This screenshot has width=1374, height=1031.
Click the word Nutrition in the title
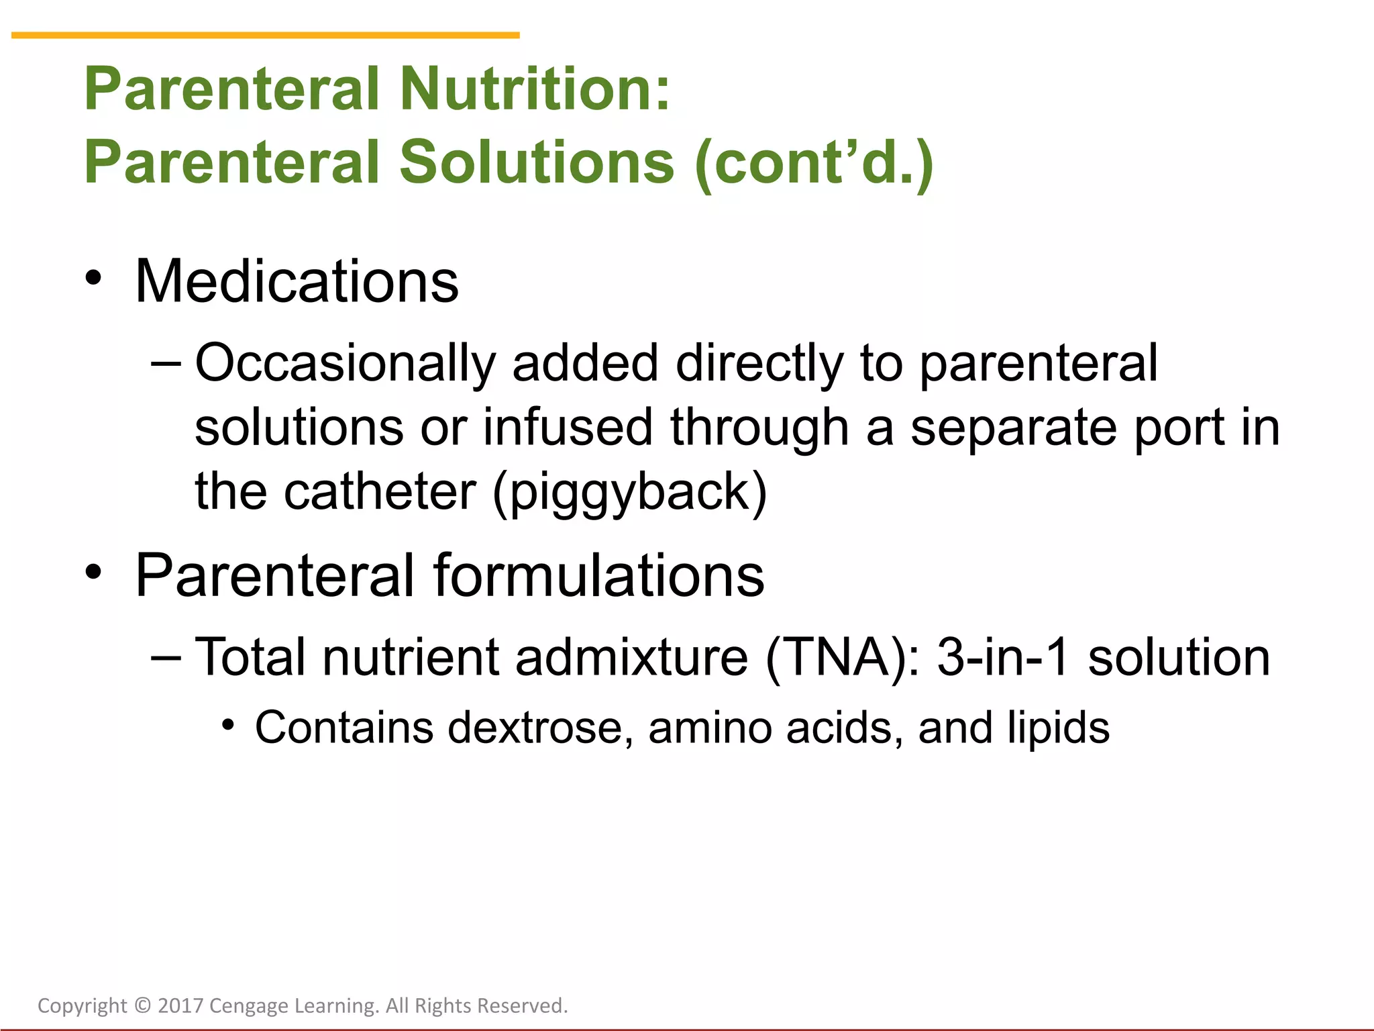pos(535,89)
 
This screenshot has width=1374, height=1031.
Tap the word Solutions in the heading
pos(537,162)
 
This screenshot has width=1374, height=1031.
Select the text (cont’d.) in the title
pos(814,162)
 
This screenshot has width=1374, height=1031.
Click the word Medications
pos(297,282)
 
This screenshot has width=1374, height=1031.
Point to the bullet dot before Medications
pos(93,278)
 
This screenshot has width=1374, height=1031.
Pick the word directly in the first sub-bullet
pos(759,364)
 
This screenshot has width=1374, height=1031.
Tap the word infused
pos(568,428)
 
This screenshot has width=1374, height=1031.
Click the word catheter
pos(380,491)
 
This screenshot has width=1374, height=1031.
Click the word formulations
pos(598,576)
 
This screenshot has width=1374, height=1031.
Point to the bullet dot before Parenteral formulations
pos(93,572)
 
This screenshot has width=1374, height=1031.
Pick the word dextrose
pos(540,728)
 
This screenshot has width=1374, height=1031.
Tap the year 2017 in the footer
pos(180,1005)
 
